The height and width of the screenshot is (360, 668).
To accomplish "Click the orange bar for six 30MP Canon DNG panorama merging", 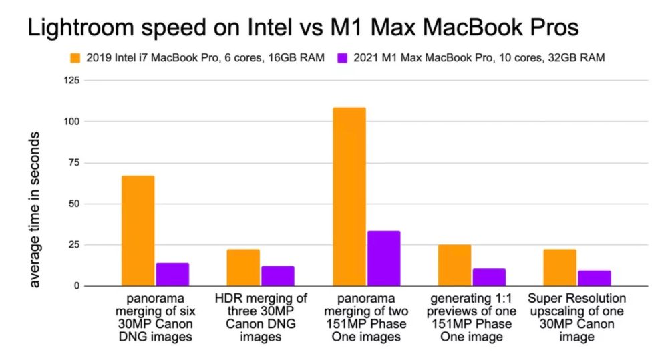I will coord(138,230).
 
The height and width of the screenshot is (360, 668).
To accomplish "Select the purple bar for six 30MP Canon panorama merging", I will coord(172,275).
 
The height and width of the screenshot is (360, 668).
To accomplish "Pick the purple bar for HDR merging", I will coord(277,276).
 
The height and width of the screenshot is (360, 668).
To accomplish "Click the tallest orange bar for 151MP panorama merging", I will coord(349,196).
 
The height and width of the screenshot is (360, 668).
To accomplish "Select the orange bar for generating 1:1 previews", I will coord(454,265).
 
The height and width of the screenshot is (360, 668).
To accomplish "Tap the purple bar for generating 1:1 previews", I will coord(489,277).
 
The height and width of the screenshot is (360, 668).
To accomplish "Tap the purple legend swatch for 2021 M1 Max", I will coord(343,59).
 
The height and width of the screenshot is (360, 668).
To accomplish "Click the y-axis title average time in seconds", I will coord(35,209).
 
